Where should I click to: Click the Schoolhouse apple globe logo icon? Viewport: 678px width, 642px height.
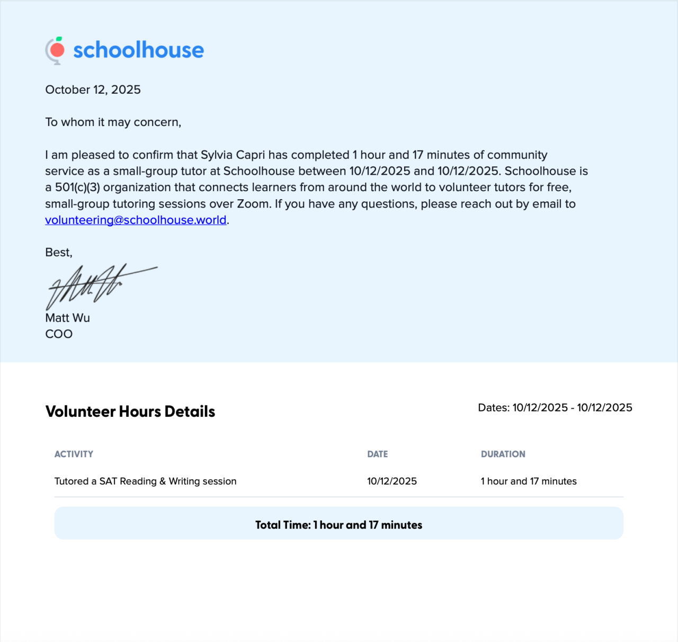55,51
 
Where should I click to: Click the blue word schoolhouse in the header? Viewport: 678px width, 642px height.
138,50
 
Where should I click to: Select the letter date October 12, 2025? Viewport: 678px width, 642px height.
93,90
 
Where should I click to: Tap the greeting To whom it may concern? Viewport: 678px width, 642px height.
113,122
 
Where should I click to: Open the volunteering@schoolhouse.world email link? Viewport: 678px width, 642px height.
136,220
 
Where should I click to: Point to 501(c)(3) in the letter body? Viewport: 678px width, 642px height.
77,188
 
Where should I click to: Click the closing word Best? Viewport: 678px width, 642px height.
58,253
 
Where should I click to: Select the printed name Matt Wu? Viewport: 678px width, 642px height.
67,318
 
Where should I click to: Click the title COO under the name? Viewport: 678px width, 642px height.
59,334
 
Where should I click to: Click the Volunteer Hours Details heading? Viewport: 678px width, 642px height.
130,412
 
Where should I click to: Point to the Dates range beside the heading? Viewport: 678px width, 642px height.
555,408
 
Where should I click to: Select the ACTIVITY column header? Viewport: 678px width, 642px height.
74,454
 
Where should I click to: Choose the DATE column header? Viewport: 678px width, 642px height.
377,454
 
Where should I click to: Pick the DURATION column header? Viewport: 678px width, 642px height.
503,454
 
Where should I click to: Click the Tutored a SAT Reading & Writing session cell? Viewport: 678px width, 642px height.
145,481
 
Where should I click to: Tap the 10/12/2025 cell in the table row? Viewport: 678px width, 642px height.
391,481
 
